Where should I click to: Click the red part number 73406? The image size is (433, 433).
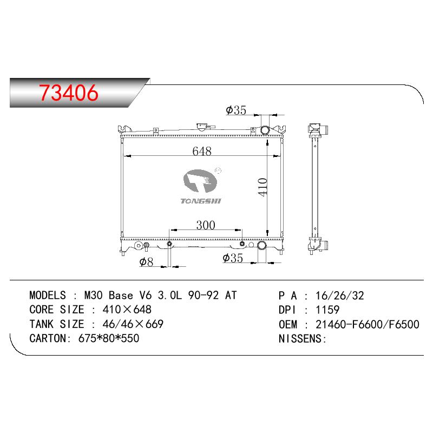tap(69, 93)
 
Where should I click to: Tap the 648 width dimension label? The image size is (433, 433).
tap(202, 151)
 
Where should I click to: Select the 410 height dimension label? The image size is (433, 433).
tap(263, 187)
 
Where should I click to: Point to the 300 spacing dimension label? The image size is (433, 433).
tap(206, 225)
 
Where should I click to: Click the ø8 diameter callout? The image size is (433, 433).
tap(146, 261)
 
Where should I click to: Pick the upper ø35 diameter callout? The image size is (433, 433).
tap(236, 110)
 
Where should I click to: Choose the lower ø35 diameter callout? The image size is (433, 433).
tap(233, 258)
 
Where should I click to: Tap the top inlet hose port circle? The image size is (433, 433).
tap(265, 129)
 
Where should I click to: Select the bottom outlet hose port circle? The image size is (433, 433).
tap(261, 245)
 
